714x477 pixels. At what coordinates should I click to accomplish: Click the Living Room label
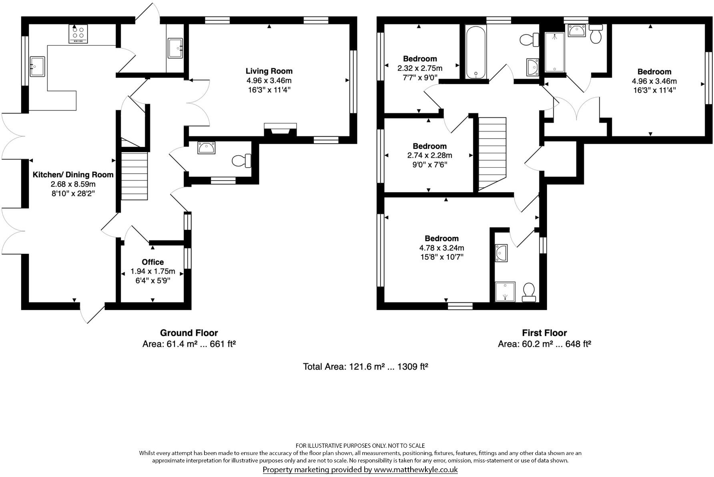pyautogui.click(x=269, y=71)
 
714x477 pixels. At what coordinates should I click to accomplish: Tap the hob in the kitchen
pyautogui.click(x=78, y=34)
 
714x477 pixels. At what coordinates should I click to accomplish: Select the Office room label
pyautogui.click(x=152, y=262)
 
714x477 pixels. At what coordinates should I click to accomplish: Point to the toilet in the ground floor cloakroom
pyautogui.click(x=241, y=160)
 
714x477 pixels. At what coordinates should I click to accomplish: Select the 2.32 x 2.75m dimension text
pyautogui.click(x=420, y=68)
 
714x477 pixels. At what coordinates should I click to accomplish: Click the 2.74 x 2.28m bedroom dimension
pyautogui.click(x=429, y=155)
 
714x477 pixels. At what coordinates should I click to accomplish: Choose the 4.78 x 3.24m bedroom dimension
pyautogui.click(x=441, y=248)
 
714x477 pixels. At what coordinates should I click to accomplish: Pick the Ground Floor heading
pyautogui.click(x=189, y=333)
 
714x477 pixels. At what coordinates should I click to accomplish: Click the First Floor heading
pyautogui.click(x=544, y=333)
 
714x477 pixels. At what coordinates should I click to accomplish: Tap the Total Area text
pyautogui.click(x=365, y=367)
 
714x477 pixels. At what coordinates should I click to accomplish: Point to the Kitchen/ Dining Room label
pyautogui.click(x=73, y=175)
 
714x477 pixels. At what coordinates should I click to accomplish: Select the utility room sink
pyautogui.click(x=175, y=48)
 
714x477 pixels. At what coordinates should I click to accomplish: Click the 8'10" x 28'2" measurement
pyautogui.click(x=73, y=194)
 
